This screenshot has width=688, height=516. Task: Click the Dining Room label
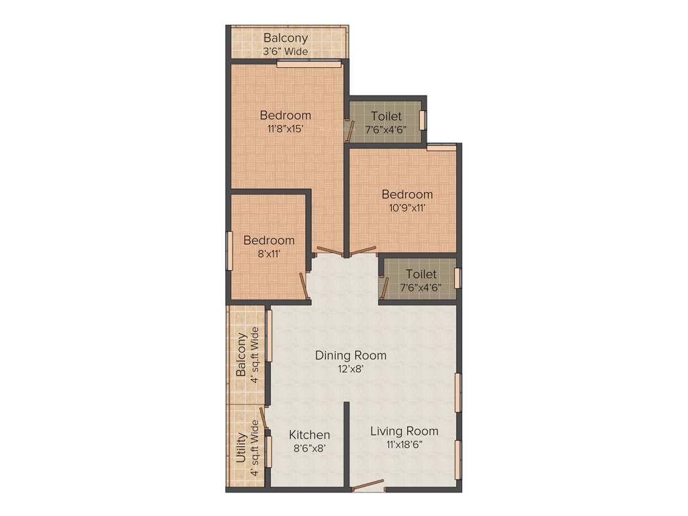(x=351, y=355)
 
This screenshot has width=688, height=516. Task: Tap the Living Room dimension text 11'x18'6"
(x=404, y=444)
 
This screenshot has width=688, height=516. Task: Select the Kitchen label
(x=309, y=435)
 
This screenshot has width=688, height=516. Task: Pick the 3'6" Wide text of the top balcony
(x=286, y=50)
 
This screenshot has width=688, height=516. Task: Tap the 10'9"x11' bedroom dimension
(x=407, y=208)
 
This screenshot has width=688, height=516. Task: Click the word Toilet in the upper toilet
(x=386, y=116)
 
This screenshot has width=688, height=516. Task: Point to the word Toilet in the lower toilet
(x=421, y=274)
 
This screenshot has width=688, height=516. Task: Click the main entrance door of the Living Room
(x=368, y=485)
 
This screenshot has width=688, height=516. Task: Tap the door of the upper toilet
(x=349, y=131)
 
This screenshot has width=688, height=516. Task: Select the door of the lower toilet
(x=384, y=288)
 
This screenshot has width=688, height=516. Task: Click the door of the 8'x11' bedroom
(x=302, y=284)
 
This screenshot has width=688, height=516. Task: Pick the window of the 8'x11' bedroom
(x=229, y=250)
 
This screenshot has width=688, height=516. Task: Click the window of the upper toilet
(x=423, y=120)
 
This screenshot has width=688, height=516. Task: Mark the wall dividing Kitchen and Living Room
(x=347, y=443)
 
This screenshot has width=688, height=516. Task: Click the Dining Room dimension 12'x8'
(x=351, y=368)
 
